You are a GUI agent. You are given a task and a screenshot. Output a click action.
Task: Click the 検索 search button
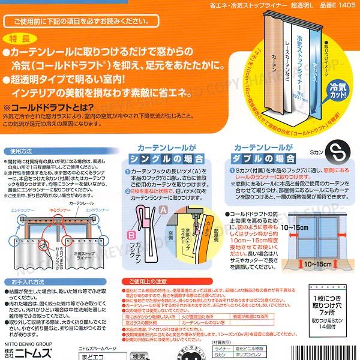[140, 355]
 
